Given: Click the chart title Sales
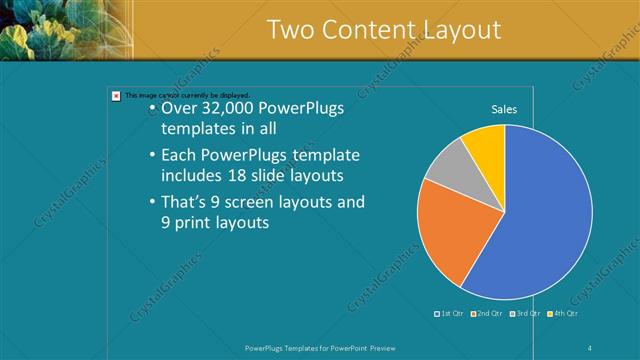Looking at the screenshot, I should click(504, 109).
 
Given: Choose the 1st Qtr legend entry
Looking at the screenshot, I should click(450, 313).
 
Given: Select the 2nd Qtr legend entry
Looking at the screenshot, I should click(487, 313).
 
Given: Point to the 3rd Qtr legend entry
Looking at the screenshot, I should click(527, 313).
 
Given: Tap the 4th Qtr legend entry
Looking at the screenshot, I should click(564, 313).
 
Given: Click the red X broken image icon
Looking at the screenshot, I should click(116, 96).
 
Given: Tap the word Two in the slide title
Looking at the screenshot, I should click(292, 30).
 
